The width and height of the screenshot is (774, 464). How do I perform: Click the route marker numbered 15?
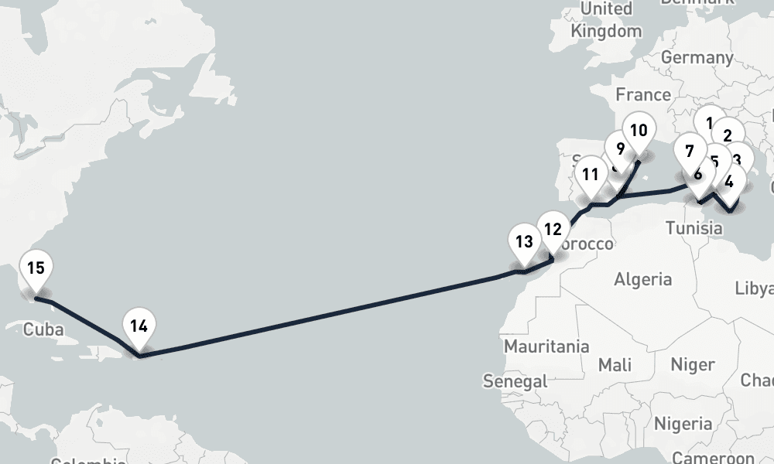tap(35, 269)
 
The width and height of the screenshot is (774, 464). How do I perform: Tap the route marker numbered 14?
tap(139, 326)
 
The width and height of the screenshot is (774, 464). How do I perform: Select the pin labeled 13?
tap(524, 241)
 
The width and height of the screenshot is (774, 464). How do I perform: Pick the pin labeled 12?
tap(552, 229)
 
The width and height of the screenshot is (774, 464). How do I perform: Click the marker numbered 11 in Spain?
tap(591, 174)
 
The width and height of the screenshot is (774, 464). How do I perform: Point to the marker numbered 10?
tap(639, 130)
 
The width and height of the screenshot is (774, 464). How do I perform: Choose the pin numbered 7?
tap(690, 152)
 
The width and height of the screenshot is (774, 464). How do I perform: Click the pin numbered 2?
tap(727, 134)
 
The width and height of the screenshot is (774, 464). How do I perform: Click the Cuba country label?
tap(43, 329)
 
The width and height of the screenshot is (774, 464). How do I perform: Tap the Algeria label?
tap(642, 279)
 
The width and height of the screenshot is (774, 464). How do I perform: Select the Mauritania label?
tap(546, 346)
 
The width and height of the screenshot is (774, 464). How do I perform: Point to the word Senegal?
tap(515, 380)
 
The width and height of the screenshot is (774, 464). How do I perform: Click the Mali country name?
tap(615, 363)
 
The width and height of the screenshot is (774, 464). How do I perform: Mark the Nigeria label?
tap(683, 424)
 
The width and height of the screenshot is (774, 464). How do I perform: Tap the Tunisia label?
tap(694, 228)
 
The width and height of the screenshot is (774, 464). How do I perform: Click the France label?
tap(643, 94)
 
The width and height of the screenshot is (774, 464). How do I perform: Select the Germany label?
tap(697, 58)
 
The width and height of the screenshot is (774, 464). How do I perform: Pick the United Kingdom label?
tap(606, 20)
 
